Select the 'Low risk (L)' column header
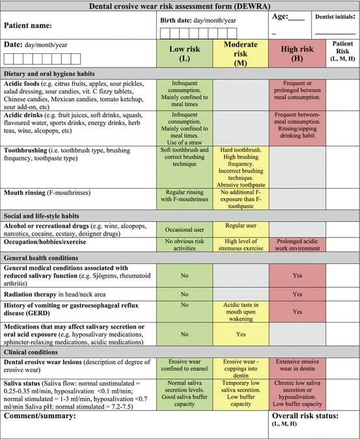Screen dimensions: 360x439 186,53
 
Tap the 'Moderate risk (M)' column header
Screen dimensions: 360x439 241,53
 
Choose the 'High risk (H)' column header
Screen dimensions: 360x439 298,49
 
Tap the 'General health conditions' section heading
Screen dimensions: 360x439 44,257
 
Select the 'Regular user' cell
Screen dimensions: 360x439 241,226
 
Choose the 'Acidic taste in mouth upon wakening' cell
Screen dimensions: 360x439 241,312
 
